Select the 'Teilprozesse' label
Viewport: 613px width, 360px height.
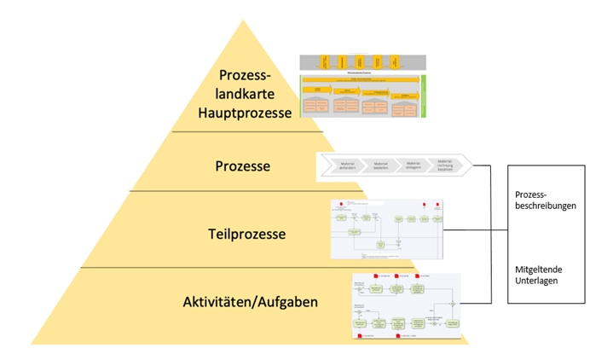(247, 232)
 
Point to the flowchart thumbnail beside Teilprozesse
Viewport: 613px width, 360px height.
(388, 229)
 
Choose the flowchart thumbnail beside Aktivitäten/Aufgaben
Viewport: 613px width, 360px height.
(407, 305)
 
